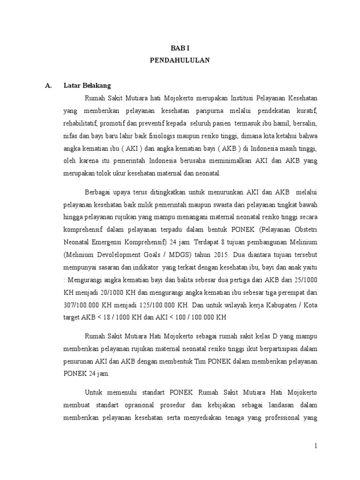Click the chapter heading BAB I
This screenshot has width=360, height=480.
click(180, 47)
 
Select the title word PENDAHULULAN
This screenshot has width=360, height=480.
click(180, 60)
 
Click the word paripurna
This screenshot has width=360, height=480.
click(204, 111)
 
